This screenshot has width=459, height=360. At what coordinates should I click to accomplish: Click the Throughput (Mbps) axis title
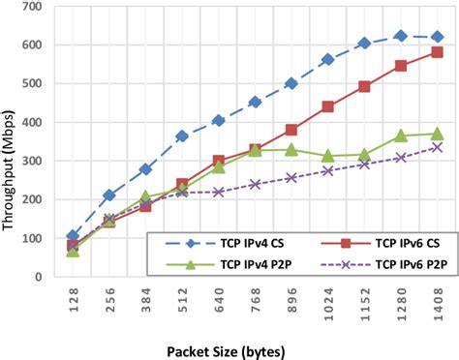click(x=11, y=142)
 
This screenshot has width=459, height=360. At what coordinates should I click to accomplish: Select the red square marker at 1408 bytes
click(x=437, y=52)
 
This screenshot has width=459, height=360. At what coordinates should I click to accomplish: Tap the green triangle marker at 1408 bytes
click(x=437, y=134)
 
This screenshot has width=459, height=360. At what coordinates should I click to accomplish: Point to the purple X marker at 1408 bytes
click(x=437, y=147)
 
